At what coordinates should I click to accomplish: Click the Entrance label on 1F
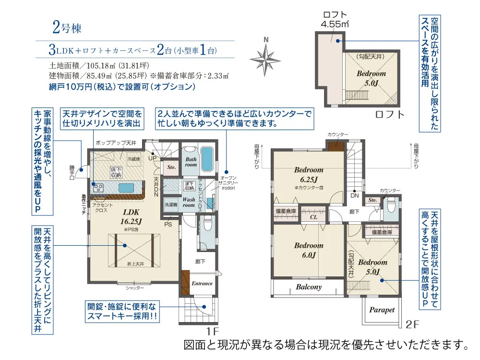202,283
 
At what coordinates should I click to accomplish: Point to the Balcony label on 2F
309,287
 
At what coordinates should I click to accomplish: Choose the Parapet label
382,310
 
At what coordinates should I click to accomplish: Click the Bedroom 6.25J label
309,174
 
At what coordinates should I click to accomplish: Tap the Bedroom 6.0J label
309,250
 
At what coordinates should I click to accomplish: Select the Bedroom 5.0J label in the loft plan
371,78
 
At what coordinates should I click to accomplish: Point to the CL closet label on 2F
314,216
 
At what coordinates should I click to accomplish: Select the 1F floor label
213,331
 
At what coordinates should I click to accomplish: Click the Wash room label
188,202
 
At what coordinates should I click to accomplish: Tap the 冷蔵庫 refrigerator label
133,158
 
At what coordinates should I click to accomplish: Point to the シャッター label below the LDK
135,288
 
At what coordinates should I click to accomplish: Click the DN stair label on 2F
354,196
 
